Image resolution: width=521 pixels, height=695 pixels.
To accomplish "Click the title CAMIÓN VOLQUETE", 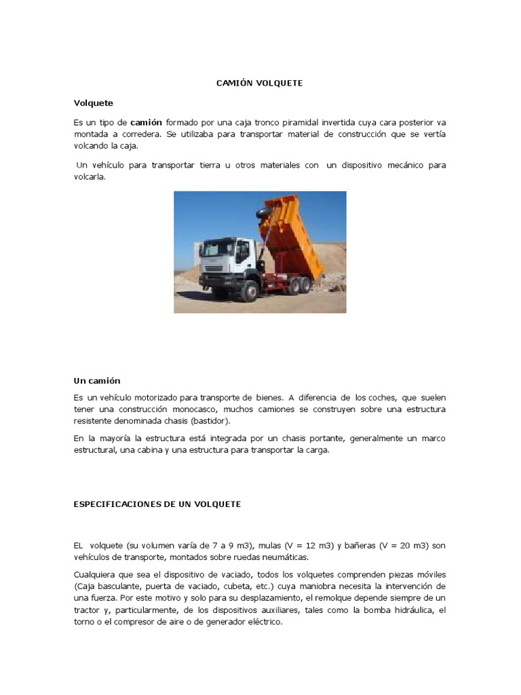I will point(260,83).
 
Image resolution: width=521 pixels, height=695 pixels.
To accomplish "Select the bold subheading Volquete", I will point(93,103).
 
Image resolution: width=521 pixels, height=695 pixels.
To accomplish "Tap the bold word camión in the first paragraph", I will point(146,122).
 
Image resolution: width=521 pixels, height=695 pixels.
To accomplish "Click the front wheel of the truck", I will point(250,290).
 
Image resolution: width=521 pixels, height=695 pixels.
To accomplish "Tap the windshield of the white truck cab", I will point(218,249).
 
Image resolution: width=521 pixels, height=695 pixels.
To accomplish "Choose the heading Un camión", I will point(96,381).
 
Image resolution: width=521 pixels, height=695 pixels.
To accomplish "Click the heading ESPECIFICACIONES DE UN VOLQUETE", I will point(157,505).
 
